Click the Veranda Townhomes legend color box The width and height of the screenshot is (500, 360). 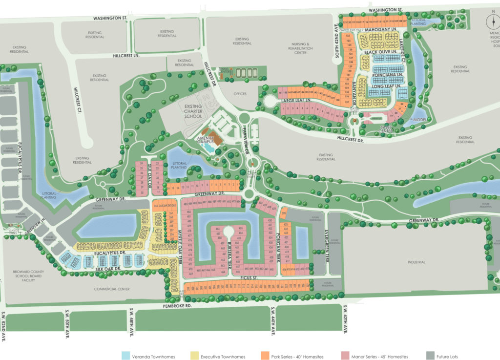[125, 356]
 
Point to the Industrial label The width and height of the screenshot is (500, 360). [417, 262]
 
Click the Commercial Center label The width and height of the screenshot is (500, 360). [112, 289]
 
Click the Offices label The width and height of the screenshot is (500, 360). [240, 94]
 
